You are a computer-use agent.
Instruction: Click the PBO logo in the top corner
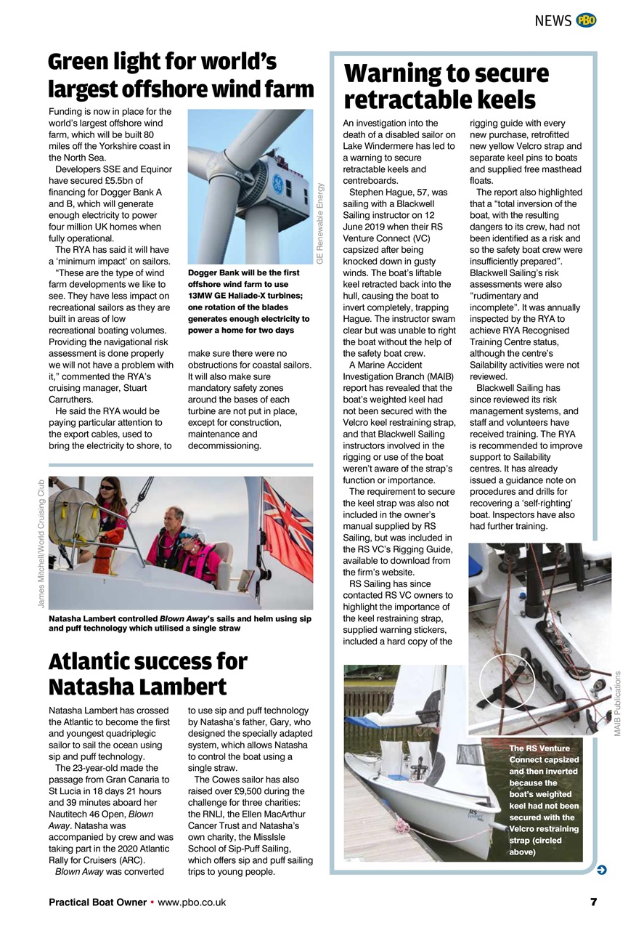pos(586,20)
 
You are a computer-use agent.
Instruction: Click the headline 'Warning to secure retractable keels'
pos(446,86)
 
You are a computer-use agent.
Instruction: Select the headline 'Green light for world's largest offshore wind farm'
pos(181,76)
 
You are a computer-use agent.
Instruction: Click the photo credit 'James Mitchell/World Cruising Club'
pos(41,543)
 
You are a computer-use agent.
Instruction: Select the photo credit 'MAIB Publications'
pos(618,703)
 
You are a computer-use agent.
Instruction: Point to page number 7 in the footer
pos(593,902)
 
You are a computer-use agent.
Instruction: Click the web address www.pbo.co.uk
pos(192,902)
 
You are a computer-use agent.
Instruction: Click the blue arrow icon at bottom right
pos(601,870)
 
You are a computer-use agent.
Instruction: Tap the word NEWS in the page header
pos(553,21)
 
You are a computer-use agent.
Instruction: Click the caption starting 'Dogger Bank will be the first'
pos(249,302)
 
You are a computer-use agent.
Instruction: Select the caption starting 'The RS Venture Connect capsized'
pos(544,799)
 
